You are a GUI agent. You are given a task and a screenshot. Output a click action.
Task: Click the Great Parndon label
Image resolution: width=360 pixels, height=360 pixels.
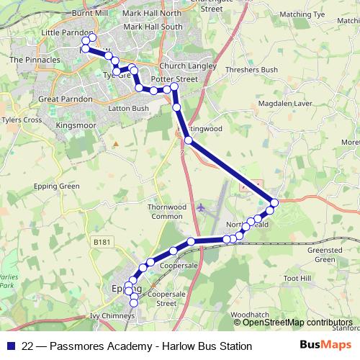[66, 99]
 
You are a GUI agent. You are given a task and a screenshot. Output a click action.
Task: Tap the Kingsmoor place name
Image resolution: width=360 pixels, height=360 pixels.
[76, 125]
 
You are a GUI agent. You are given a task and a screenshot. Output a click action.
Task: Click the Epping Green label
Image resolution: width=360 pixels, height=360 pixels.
[56, 186]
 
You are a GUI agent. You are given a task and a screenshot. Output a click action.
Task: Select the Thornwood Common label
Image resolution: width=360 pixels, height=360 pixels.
[166, 211]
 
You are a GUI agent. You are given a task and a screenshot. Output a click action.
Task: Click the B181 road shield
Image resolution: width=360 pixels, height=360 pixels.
[102, 245]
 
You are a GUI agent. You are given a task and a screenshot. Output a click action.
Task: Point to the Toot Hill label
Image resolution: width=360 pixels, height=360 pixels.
[296, 278]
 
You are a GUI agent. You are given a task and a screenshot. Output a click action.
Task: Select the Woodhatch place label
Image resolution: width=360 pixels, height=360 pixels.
[251, 315]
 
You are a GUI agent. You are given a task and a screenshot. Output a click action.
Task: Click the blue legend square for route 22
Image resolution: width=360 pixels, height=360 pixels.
[10, 346]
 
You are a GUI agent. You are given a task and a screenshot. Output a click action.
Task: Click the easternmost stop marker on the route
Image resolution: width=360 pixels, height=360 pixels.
[274, 202]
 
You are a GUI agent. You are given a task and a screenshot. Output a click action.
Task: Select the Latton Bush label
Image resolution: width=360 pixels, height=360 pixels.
[127, 109]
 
